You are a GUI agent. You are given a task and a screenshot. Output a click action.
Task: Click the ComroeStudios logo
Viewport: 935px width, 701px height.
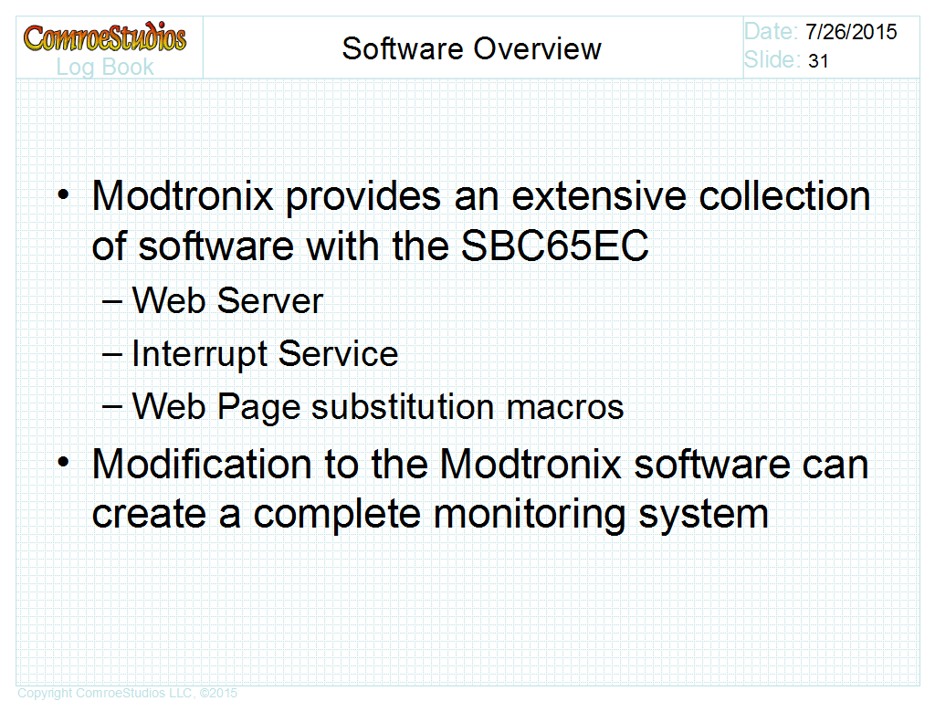click(105, 37)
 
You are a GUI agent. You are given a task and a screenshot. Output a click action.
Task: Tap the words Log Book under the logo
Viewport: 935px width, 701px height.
click(105, 68)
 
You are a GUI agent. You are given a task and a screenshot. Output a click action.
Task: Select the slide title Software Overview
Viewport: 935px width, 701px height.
click(472, 48)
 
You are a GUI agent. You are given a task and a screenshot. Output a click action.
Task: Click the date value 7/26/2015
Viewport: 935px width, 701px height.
click(851, 32)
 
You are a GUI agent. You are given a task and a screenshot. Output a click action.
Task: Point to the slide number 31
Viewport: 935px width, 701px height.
click(818, 61)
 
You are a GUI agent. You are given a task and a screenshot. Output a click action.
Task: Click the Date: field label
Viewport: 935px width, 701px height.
click(771, 32)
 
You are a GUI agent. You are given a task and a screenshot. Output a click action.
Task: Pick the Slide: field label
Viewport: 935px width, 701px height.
click(772, 59)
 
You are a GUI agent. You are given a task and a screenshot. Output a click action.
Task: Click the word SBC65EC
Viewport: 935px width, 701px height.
click(554, 246)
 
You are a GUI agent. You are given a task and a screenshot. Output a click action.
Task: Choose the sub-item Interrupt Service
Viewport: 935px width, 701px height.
click(265, 353)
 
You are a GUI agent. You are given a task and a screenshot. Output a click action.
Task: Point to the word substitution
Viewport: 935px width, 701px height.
click(403, 406)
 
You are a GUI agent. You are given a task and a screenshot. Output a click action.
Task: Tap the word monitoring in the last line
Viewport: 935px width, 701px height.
click(529, 514)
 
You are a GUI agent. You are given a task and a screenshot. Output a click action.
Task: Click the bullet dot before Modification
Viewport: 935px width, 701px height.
click(63, 463)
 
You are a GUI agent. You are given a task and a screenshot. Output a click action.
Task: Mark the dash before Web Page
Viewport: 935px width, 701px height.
click(111, 408)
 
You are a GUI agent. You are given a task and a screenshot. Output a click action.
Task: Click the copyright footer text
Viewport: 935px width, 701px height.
click(128, 693)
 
